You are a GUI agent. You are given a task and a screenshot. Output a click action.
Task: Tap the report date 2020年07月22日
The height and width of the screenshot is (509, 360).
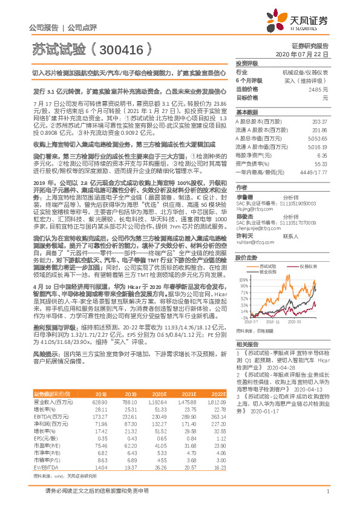coord(306,54)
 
